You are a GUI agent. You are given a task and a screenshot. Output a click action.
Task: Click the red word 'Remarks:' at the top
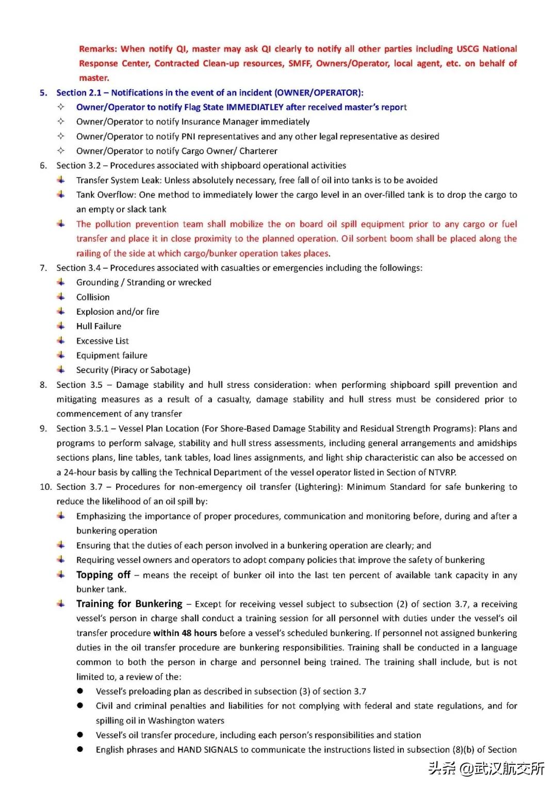point(98,49)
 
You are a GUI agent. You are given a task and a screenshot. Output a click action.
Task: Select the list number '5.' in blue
point(43,93)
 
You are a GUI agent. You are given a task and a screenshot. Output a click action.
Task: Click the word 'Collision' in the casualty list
point(93,297)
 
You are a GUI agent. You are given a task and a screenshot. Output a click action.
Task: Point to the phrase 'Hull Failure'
point(99,326)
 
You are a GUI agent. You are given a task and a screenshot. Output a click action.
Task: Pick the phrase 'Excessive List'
point(102,341)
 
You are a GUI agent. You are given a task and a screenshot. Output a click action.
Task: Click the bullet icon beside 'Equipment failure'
point(61,355)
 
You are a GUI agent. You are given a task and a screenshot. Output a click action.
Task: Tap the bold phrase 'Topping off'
point(103,575)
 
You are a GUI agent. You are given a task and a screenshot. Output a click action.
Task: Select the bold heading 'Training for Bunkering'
point(129,604)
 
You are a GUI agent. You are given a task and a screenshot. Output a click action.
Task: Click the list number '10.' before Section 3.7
point(45,487)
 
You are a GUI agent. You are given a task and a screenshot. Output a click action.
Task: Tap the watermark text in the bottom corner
point(486,769)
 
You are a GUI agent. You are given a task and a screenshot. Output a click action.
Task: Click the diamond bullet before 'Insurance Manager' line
point(61,121)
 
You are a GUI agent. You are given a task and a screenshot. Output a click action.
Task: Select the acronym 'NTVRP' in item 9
point(442,472)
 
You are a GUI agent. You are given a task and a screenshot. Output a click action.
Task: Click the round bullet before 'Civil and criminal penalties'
point(80,705)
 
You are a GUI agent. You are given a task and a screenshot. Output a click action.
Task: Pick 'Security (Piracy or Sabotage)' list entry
point(133,370)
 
